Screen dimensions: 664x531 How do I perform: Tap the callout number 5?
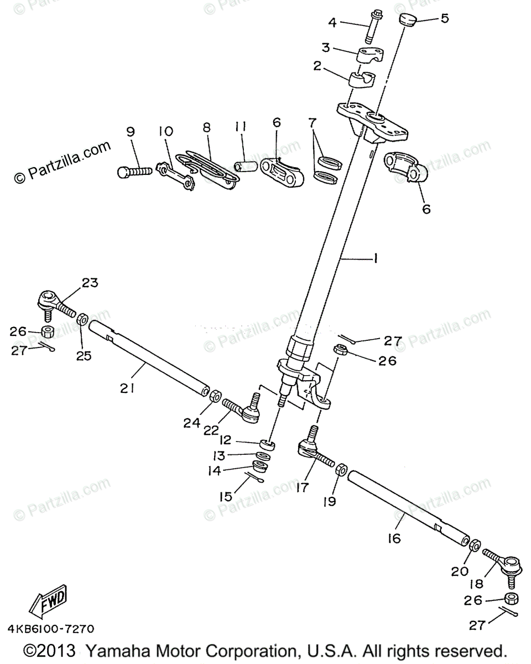click(444, 18)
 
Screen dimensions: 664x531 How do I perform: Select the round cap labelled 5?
click(409, 20)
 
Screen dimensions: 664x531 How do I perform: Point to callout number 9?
click(131, 132)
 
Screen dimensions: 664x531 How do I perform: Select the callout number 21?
click(127, 388)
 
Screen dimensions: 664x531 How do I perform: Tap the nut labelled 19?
click(341, 470)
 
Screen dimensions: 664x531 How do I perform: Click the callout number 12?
click(225, 441)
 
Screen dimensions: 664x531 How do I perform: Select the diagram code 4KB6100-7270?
click(51, 629)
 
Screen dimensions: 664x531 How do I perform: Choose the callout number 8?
click(206, 127)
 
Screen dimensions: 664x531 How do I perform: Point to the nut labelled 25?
click(82, 319)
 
